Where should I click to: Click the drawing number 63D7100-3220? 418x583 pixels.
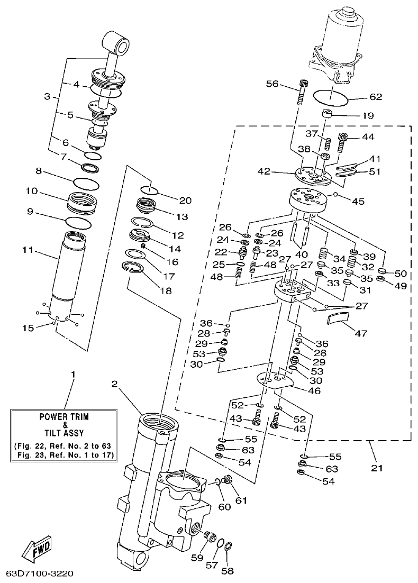point(40,573)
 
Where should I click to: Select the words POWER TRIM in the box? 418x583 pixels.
point(65,417)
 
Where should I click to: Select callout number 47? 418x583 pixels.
point(362,333)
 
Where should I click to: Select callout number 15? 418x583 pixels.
point(29,328)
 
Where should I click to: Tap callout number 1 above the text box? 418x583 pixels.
point(73,375)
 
